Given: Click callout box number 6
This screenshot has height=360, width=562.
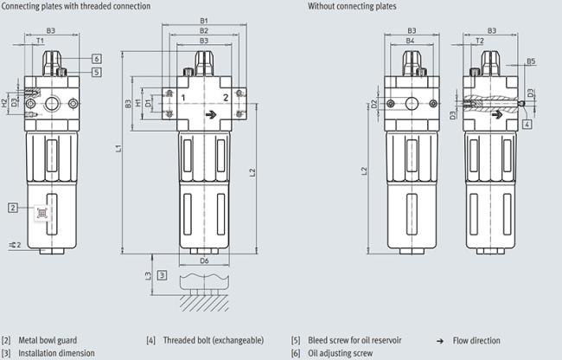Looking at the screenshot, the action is pyautogui.click(x=97, y=59).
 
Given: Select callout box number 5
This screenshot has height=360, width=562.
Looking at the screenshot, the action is pyautogui.click(x=97, y=72).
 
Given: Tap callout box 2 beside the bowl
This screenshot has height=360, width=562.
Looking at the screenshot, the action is pyautogui.click(x=13, y=208).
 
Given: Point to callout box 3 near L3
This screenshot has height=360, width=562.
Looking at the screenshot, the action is pyautogui.click(x=162, y=275).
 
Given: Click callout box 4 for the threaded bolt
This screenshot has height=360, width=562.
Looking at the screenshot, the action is pyautogui.click(x=527, y=125).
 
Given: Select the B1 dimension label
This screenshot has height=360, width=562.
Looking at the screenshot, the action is pyautogui.click(x=204, y=21).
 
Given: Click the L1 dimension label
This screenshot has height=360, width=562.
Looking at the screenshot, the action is pyautogui.click(x=118, y=147).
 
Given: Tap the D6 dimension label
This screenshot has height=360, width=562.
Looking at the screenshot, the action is pyautogui.click(x=204, y=260).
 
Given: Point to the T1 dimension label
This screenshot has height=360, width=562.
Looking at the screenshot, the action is pyautogui.click(x=40, y=41).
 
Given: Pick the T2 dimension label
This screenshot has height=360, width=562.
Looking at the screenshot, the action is pyautogui.click(x=480, y=41).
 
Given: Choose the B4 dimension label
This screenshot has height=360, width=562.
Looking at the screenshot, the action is pyautogui.click(x=410, y=41).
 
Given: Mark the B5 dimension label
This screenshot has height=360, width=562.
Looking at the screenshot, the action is pyautogui.click(x=531, y=61).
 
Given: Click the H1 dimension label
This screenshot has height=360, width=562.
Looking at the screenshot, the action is pyautogui.click(x=138, y=104).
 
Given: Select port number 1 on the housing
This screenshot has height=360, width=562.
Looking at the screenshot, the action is pyautogui.click(x=183, y=98).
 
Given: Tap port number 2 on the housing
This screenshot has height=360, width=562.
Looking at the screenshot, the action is pyautogui.click(x=226, y=98).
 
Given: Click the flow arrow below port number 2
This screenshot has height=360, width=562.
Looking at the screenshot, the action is pyautogui.click(x=211, y=115).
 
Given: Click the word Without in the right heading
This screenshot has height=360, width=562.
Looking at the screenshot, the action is pyautogui.click(x=322, y=6).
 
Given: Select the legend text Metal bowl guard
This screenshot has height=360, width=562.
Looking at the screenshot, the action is pyautogui.click(x=48, y=340).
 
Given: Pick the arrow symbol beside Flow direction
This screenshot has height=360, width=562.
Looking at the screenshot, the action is pyautogui.click(x=440, y=341).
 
